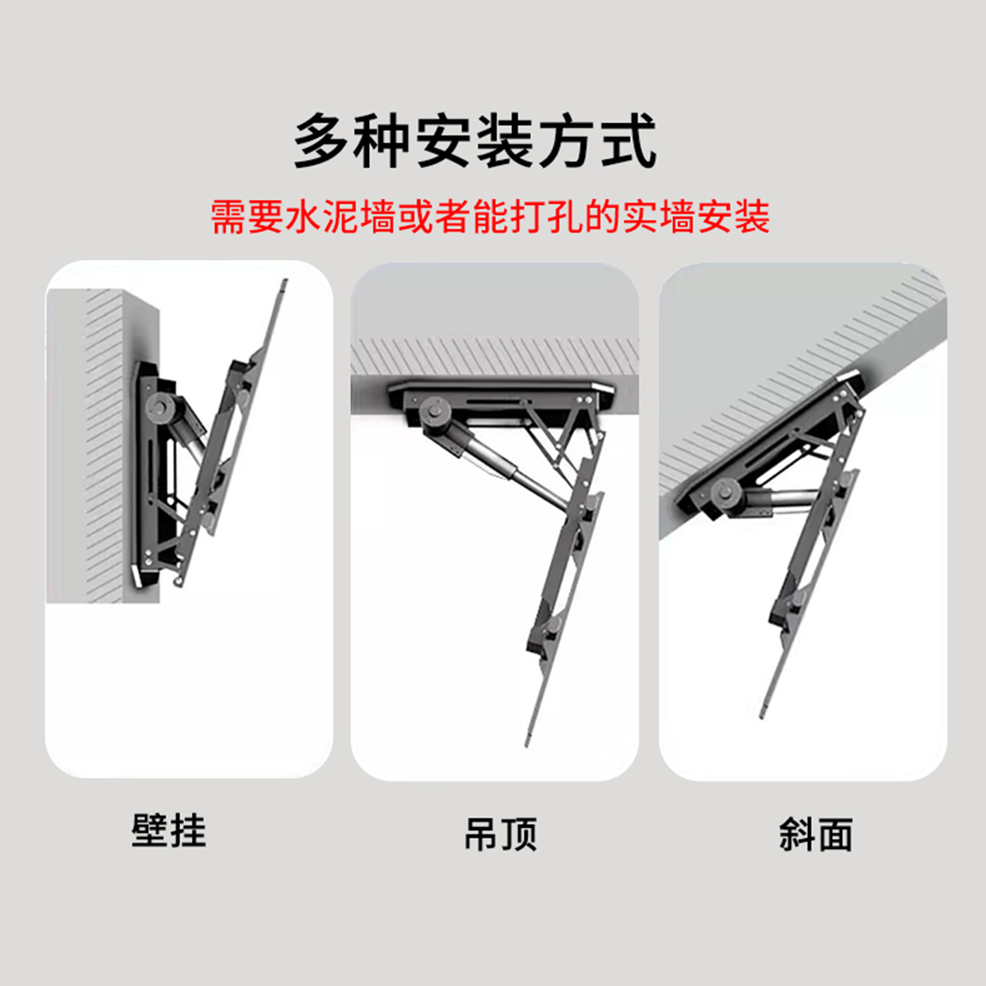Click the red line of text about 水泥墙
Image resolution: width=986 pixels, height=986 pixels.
click(490, 217)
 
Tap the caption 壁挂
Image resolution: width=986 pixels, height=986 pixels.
click(168, 831)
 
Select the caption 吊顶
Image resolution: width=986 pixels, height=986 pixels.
click(501, 834)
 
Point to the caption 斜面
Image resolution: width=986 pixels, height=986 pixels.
click(816, 835)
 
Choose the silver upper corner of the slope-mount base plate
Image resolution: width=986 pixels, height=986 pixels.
click(849, 377)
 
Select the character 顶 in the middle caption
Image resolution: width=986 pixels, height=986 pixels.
click(519, 834)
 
